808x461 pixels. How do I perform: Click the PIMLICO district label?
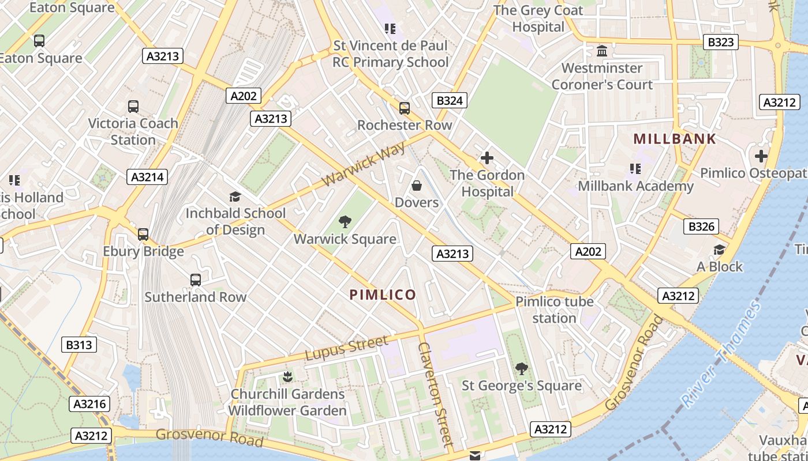[382, 294]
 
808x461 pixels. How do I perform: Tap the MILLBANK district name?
[675, 139]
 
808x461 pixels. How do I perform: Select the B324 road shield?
[449, 101]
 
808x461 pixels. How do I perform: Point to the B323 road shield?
[721, 42]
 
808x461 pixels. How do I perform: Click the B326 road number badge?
[701, 226]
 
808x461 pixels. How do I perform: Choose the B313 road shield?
[79, 345]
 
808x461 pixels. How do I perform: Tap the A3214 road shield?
[147, 177]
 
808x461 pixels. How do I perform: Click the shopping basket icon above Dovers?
[416, 186]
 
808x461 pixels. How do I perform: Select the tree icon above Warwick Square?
[345, 221]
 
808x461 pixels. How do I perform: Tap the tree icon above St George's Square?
[521, 368]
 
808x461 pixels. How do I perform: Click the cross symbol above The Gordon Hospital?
[487, 157]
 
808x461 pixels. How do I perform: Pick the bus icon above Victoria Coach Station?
[133, 107]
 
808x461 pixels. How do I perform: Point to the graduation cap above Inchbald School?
[235, 197]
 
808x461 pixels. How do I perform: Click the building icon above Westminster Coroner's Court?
[602, 51]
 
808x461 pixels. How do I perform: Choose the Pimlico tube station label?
[554, 310]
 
